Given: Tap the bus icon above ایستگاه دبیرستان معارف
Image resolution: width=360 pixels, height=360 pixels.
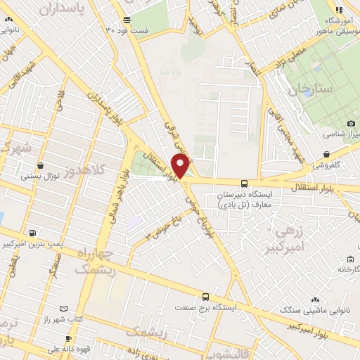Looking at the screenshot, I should point(244,181).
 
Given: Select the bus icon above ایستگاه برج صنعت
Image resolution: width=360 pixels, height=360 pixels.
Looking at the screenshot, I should point(205,297).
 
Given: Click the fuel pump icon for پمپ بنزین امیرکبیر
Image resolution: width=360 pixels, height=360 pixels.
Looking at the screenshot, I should point(32,233).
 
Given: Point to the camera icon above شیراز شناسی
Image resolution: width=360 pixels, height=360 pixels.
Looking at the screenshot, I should point(351,124).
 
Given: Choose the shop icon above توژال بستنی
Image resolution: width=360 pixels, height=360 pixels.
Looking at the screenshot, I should point(40,166).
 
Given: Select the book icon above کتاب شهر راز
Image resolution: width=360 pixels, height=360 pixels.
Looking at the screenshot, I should point(65,309).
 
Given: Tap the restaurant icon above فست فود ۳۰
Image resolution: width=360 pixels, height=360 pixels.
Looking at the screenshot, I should point(126,20).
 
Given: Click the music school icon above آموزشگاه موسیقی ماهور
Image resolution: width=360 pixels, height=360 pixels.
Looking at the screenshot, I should point(339,10).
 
